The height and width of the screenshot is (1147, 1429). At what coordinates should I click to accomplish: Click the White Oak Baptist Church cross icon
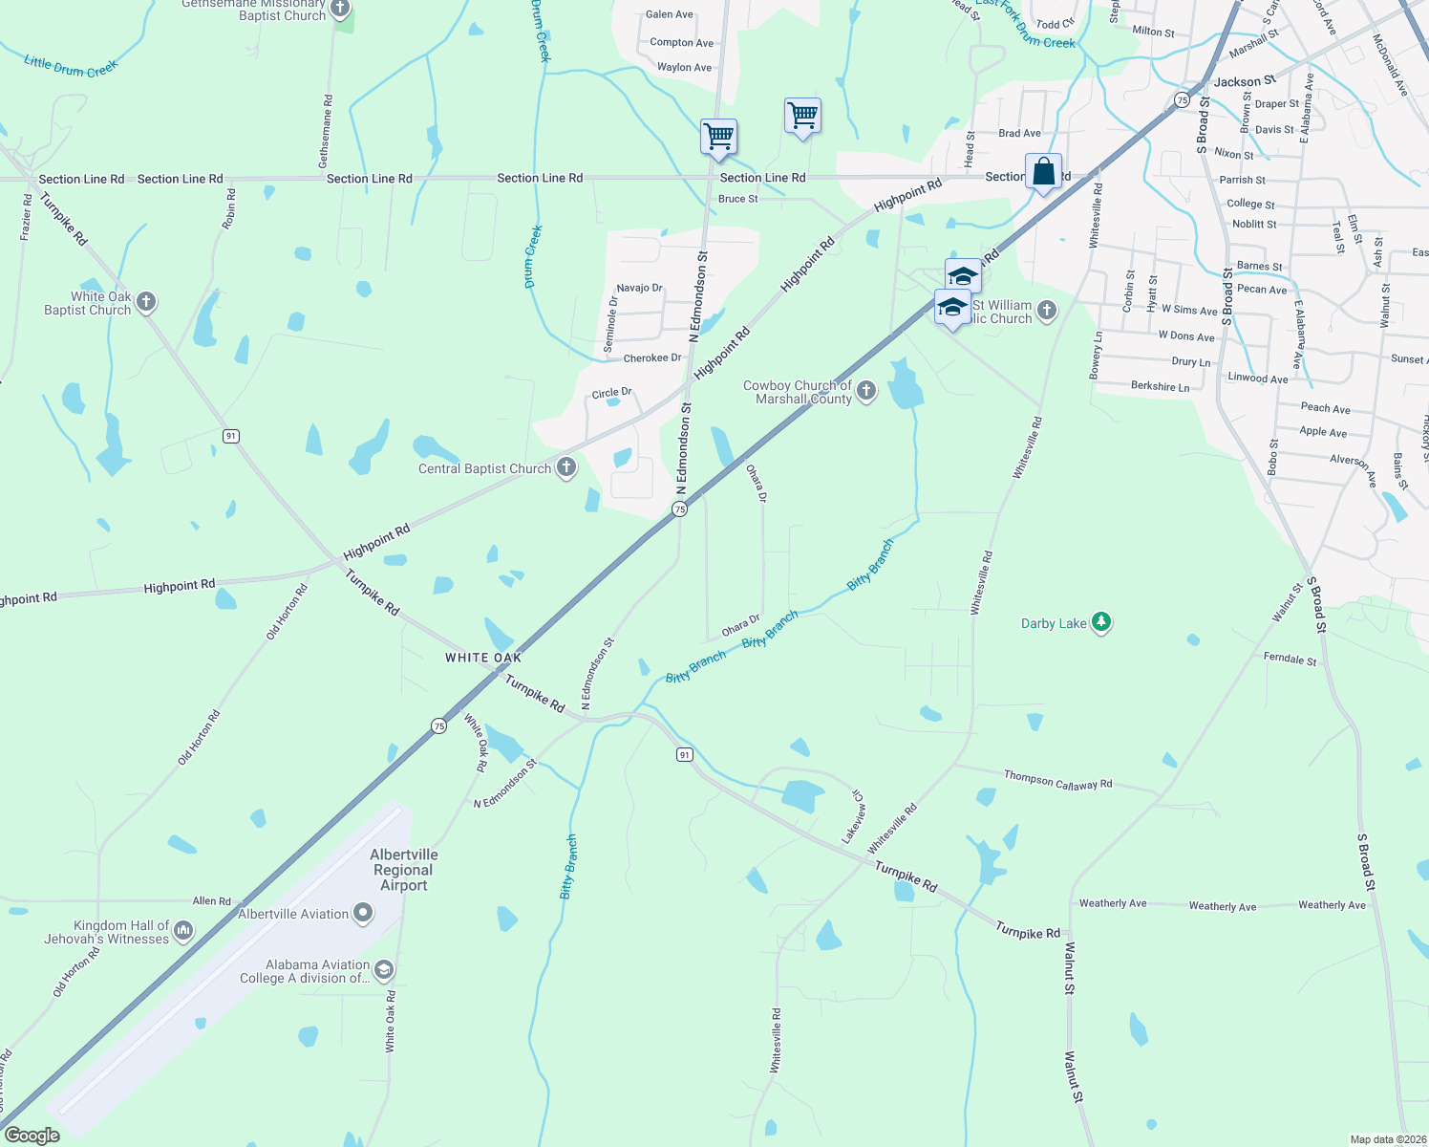[x=146, y=302]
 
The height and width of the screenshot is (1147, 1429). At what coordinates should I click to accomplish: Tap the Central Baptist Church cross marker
[x=566, y=467]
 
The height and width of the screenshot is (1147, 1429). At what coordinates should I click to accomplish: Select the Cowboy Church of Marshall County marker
[x=866, y=390]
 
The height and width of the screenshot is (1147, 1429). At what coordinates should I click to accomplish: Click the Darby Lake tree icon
[x=1101, y=622]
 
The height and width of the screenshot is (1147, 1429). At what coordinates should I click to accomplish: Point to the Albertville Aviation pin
[x=363, y=913]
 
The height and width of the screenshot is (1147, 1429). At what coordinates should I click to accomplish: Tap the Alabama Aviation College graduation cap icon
[x=383, y=970]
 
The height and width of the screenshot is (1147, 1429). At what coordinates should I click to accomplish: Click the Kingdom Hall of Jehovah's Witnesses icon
[x=183, y=930]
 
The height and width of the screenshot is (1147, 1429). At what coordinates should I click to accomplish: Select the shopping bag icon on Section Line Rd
[x=1043, y=172]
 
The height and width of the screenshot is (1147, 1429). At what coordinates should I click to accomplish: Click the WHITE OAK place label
[x=483, y=658]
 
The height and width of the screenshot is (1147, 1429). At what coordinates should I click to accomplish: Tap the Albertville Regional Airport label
[x=404, y=870]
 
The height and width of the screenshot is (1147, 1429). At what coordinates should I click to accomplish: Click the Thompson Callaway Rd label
[x=1057, y=780]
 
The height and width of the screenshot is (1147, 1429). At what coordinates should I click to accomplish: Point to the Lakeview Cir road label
[x=854, y=816]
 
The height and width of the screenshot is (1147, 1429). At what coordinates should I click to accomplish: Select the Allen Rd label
[x=212, y=900]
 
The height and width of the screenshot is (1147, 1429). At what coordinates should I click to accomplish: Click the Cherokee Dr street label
[x=652, y=358]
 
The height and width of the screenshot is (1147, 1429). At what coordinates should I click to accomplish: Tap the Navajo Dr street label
[x=639, y=288]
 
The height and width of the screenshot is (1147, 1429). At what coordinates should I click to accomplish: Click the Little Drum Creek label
[x=70, y=67]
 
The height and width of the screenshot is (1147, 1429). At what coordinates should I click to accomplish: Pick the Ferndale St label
[x=1290, y=659]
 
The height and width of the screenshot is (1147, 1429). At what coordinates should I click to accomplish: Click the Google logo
[x=32, y=1136]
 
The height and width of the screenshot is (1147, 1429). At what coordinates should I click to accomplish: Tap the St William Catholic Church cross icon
[x=1047, y=310]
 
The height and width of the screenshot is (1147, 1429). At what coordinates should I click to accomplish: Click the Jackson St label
[x=1245, y=82]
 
